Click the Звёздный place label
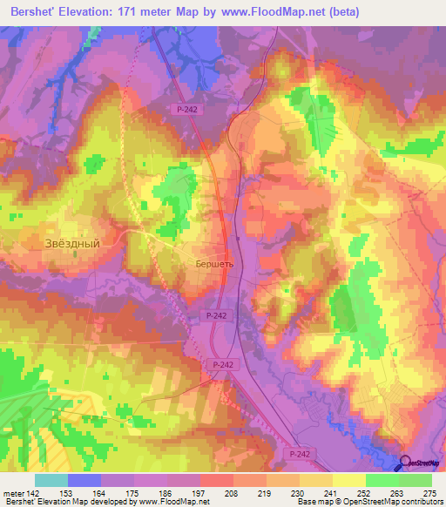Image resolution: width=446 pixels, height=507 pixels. click(x=72, y=245)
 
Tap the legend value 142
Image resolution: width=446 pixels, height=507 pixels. click(x=32, y=493)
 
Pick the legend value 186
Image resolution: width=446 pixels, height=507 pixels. click(x=166, y=493)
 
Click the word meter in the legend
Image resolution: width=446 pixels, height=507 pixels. click(x=12, y=493)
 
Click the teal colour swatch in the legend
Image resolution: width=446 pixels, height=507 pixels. click(x=51, y=480)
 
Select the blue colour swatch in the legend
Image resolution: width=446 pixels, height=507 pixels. click(x=84, y=480)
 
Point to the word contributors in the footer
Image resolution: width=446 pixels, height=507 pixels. click(x=422, y=503)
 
